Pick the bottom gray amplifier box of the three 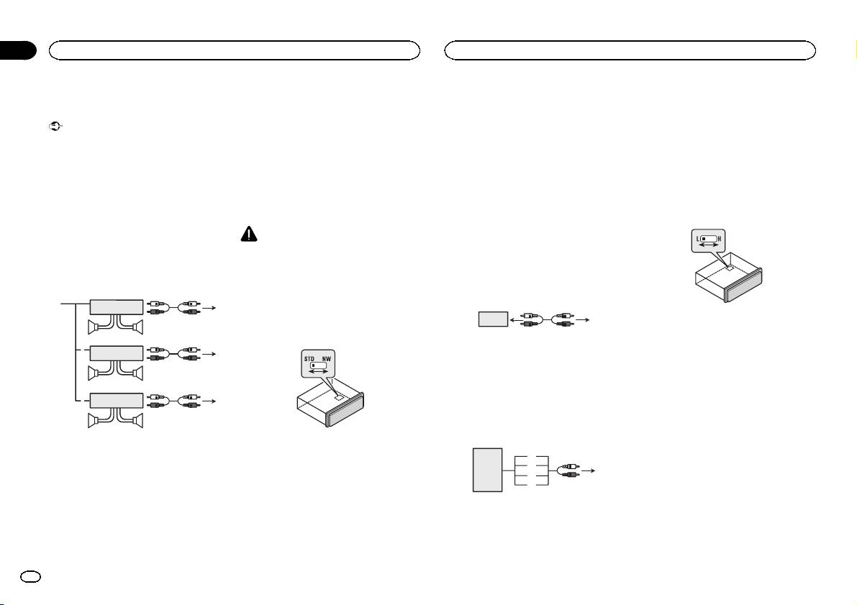116,400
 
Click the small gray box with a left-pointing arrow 492,319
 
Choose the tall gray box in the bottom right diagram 486,470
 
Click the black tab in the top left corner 17,50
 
